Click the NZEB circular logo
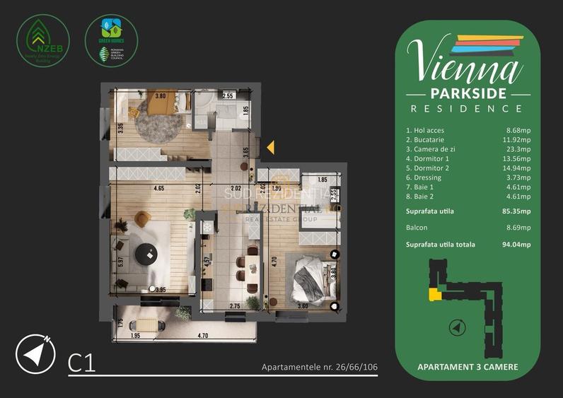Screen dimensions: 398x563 tap(42, 41)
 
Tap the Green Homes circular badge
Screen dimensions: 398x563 tap(111, 41)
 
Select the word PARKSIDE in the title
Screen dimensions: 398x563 tap(468, 94)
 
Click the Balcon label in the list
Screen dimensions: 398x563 tap(417, 228)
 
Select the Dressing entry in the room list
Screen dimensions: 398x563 tap(424, 178)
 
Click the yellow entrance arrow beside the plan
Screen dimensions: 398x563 tap(269, 148)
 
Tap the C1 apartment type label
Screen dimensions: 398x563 tap(81, 364)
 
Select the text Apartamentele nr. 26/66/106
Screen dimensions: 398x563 tap(318, 368)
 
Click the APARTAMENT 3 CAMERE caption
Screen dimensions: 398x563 tap(467, 367)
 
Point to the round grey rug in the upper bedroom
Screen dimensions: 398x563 tap(158, 121)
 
